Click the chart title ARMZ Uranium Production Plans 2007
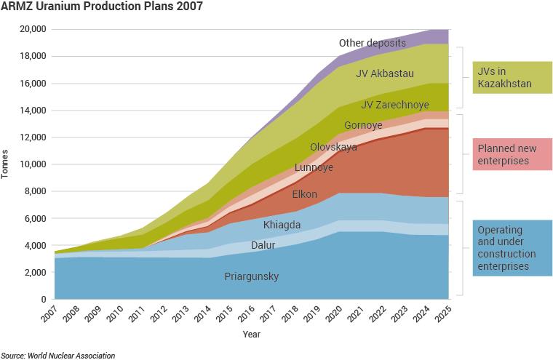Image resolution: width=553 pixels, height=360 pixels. pyautogui.click(x=102, y=7)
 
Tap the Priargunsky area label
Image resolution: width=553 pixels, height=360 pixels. pyautogui.click(x=251, y=277)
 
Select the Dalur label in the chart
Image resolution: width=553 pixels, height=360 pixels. pyautogui.click(x=263, y=246)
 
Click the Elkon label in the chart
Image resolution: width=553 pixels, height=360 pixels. pyautogui.click(x=303, y=194)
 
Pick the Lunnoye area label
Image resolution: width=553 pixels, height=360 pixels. pyautogui.click(x=314, y=168)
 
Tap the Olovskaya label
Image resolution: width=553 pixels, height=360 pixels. pyautogui.click(x=333, y=147)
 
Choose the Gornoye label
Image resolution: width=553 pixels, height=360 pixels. pyautogui.click(x=363, y=125)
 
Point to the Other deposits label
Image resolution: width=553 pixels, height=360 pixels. pyautogui.click(x=372, y=42)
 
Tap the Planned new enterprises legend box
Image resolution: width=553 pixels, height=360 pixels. pyautogui.click(x=512, y=154)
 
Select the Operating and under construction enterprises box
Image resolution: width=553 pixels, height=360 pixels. pyautogui.click(x=512, y=248)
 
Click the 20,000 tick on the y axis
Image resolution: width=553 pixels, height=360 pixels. pyautogui.click(x=32, y=29)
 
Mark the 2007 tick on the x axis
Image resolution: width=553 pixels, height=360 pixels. pyautogui.click(x=49, y=316)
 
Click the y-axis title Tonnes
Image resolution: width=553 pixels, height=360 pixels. pyautogui.click(x=7, y=164)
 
